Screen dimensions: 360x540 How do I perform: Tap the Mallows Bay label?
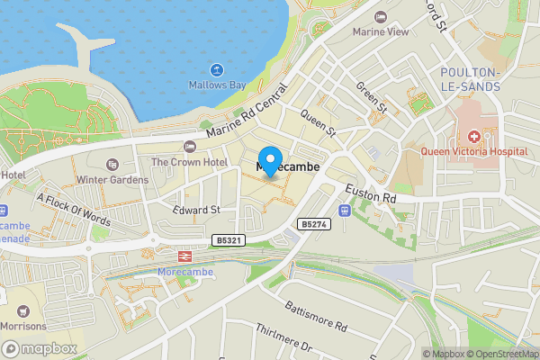pos(217,85)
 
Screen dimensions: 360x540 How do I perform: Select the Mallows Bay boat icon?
pos(217,69)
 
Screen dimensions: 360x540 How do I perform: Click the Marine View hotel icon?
pos(381,18)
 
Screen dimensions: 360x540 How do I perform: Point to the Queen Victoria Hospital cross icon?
pos(473,137)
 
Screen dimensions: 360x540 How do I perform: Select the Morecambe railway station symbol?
pos(182,256)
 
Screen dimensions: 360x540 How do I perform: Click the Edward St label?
pos(196,209)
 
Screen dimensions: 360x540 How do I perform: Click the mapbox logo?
pos(40,348)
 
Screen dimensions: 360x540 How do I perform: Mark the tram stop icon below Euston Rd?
pos(345,211)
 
